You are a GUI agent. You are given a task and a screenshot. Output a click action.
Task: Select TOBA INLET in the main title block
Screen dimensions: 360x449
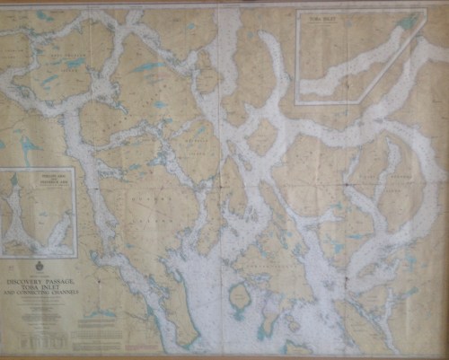[49, 286]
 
